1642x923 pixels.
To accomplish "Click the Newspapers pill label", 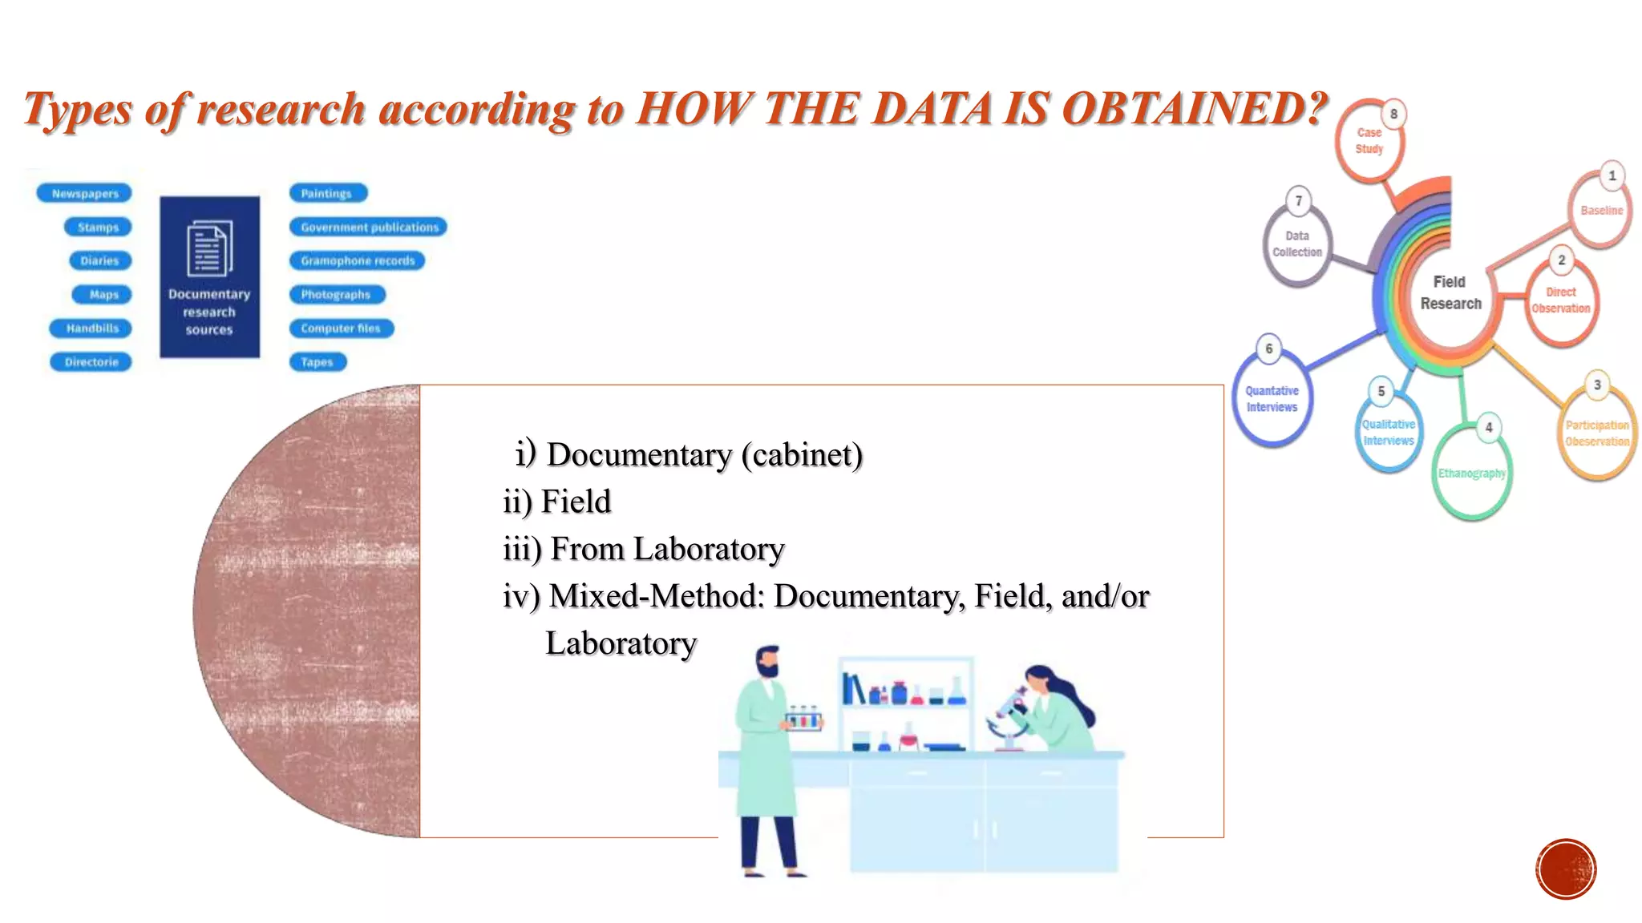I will pyautogui.click(x=84, y=193).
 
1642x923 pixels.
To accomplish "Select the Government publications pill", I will pyautogui.click(x=369, y=228).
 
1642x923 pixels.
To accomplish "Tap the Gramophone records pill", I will pyautogui.click(x=358, y=261).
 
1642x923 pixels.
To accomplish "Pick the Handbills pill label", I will pyautogui.click(x=91, y=328).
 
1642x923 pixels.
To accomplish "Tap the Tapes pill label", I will pyautogui.click(x=317, y=362).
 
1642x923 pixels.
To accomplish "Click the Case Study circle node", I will pyautogui.click(x=1369, y=142).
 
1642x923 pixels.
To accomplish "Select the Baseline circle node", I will pyautogui.click(x=1600, y=211).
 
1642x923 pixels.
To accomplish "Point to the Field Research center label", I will pyautogui.click(x=1450, y=293).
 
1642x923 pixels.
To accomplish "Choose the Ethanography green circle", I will pyautogui.click(x=1471, y=474).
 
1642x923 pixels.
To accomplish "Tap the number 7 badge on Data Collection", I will pyautogui.click(x=1299, y=201).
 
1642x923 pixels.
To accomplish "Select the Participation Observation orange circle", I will pyautogui.click(x=1596, y=433).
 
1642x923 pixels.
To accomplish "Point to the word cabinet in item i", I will pyautogui.click(x=801, y=455).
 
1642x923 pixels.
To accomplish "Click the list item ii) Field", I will pyautogui.click(x=557, y=502).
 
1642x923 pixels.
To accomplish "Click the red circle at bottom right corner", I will pyautogui.click(x=1566, y=869).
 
